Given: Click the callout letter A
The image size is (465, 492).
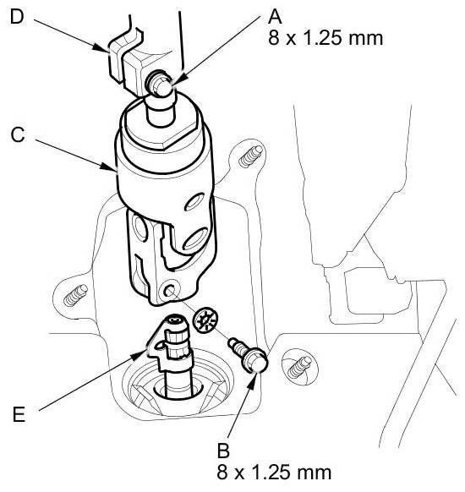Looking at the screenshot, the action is click(275, 17).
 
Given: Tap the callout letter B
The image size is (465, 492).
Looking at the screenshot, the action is click(223, 451).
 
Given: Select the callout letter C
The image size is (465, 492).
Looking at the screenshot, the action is click(18, 135).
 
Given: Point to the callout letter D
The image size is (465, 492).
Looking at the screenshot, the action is click(17, 17).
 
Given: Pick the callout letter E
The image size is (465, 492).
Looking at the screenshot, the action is click(19, 414).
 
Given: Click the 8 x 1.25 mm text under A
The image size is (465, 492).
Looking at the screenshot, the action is click(325, 38).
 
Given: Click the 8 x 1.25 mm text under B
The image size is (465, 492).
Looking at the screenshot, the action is click(274, 473).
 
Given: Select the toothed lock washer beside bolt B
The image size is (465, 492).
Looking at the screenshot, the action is click(205, 321).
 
